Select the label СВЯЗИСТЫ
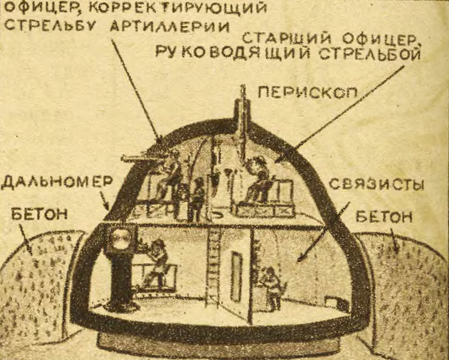[377, 185]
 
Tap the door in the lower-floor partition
[237, 276]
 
